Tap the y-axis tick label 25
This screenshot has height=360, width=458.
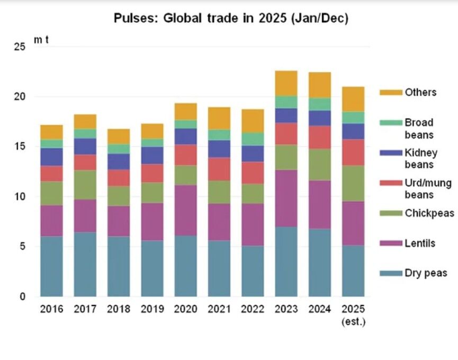[x=20, y=47]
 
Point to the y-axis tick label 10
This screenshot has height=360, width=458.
[x=20, y=196]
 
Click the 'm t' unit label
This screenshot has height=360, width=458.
[x=41, y=40]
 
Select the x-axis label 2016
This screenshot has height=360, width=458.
[x=51, y=309]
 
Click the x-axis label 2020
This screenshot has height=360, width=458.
[x=185, y=309]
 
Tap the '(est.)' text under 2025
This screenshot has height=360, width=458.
[x=354, y=322]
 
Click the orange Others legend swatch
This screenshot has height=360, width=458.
[x=391, y=93]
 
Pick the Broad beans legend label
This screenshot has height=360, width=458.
[x=419, y=129]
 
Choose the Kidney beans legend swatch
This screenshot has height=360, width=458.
[x=391, y=152]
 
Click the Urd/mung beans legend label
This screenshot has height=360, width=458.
[x=428, y=189]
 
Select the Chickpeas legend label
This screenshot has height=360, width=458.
[x=429, y=213]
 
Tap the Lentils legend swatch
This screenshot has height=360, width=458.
[x=391, y=243]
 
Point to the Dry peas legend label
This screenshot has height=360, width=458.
[x=426, y=273]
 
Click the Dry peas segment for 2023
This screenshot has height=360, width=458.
[x=286, y=262]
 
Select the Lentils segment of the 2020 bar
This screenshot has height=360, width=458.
[x=186, y=210]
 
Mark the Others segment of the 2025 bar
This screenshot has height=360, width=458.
[x=354, y=100]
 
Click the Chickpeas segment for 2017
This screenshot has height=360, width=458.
[x=85, y=185]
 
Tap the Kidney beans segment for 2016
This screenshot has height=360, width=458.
[x=51, y=157]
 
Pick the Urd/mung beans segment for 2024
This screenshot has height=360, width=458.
[x=320, y=138]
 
